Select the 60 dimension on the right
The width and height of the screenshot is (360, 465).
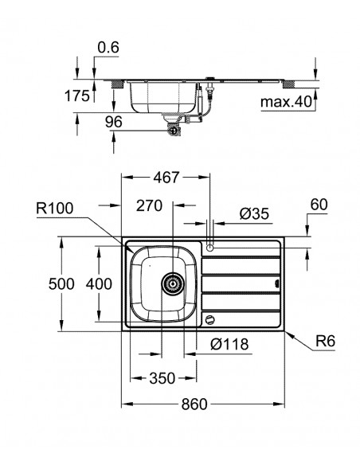click(319, 205)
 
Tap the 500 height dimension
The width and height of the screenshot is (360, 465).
click(46, 283)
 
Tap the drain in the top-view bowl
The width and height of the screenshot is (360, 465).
click(170, 282)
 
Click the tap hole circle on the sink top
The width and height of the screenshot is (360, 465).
click(210, 248)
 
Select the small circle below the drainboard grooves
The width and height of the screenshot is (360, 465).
click(209, 319)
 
